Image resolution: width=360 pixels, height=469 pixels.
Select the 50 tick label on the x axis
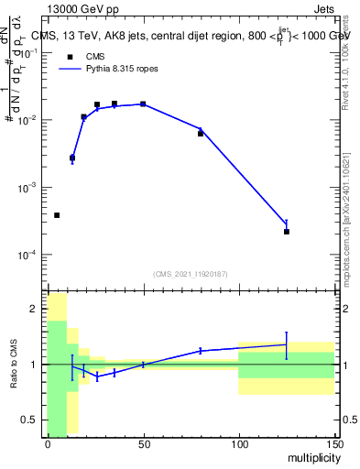[143, 444]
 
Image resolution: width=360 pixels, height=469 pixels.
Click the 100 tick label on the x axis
[238, 444]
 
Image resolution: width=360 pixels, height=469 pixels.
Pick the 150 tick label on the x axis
[333, 444]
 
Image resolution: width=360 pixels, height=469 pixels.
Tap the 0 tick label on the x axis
[48, 444]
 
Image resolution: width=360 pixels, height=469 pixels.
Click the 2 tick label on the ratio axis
[36, 310]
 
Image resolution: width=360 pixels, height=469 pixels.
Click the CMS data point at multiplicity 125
[287, 232]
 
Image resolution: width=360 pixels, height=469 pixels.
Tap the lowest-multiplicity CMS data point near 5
[57, 215]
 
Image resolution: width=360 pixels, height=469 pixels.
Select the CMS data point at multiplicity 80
[201, 134]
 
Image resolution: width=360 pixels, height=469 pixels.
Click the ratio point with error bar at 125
[287, 345]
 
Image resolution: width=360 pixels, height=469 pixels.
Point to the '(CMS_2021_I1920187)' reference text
[191, 273]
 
